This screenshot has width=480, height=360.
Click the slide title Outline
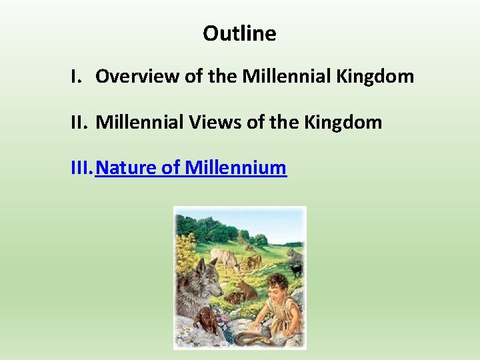coord(239,33)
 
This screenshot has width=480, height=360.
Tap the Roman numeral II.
coord(79,123)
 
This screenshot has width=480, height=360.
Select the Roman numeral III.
coord(81,168)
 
